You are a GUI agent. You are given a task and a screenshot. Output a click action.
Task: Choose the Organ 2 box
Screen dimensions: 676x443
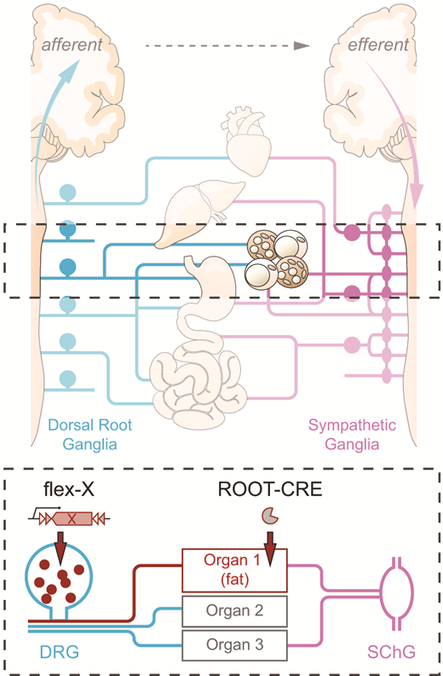235,610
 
